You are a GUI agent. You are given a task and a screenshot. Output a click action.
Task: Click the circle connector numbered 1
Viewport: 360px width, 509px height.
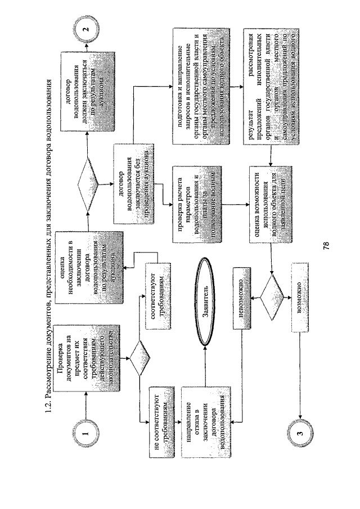pos(84,433)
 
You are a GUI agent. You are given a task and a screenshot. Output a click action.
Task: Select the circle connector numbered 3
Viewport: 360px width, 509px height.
pos(300,433)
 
